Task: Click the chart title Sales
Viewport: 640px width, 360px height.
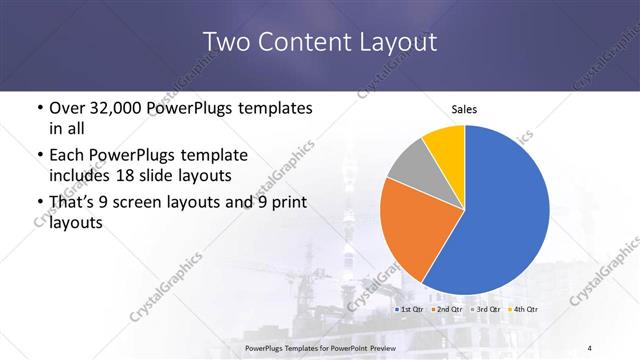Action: [x=464, y=107]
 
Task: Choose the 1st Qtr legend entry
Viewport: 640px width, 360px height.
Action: [x=411, y=311]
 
